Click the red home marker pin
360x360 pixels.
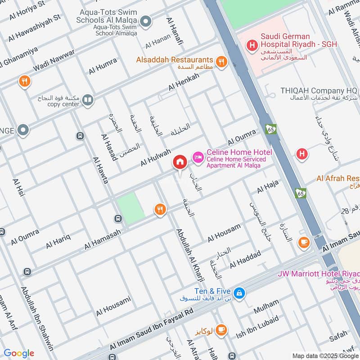click(x=180, y=162)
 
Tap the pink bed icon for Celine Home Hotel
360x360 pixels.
click(x=197, y=157)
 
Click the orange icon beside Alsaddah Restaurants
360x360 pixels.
click(x=221, y=62)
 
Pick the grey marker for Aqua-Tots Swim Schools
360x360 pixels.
click(x=145, y=21)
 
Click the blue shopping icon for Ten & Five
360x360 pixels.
click(x=239, y=293)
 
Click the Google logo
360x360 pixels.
click(x=18, y=353)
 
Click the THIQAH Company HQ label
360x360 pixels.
click(x=319, y=90)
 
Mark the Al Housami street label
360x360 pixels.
click(x=113, y=306)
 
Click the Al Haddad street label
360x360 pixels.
click(x=245, y=260)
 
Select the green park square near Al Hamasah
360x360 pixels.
click(x=131, y=208)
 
